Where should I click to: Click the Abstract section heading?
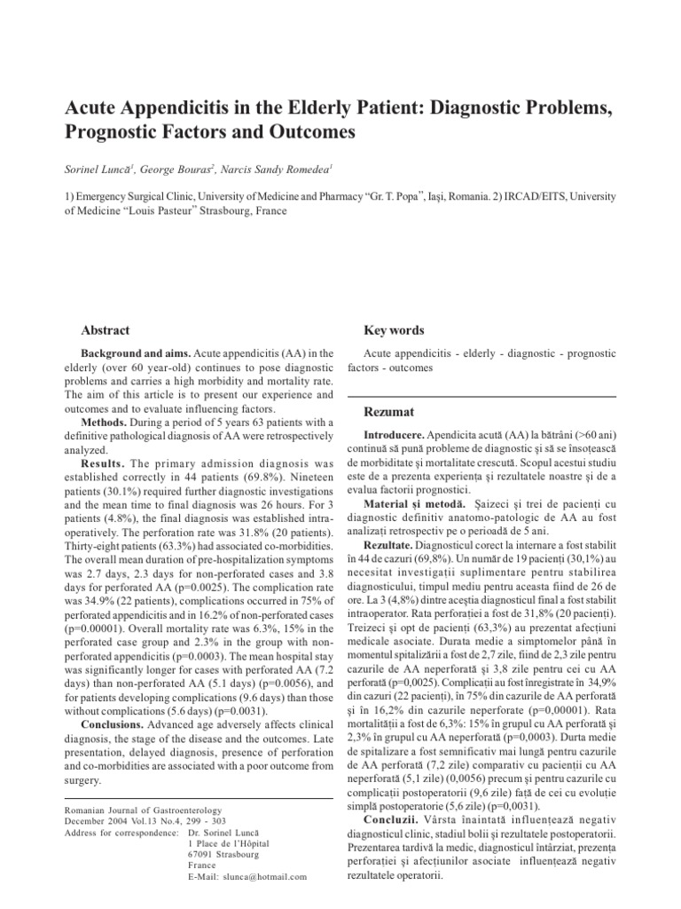click(x=106, y=329)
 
